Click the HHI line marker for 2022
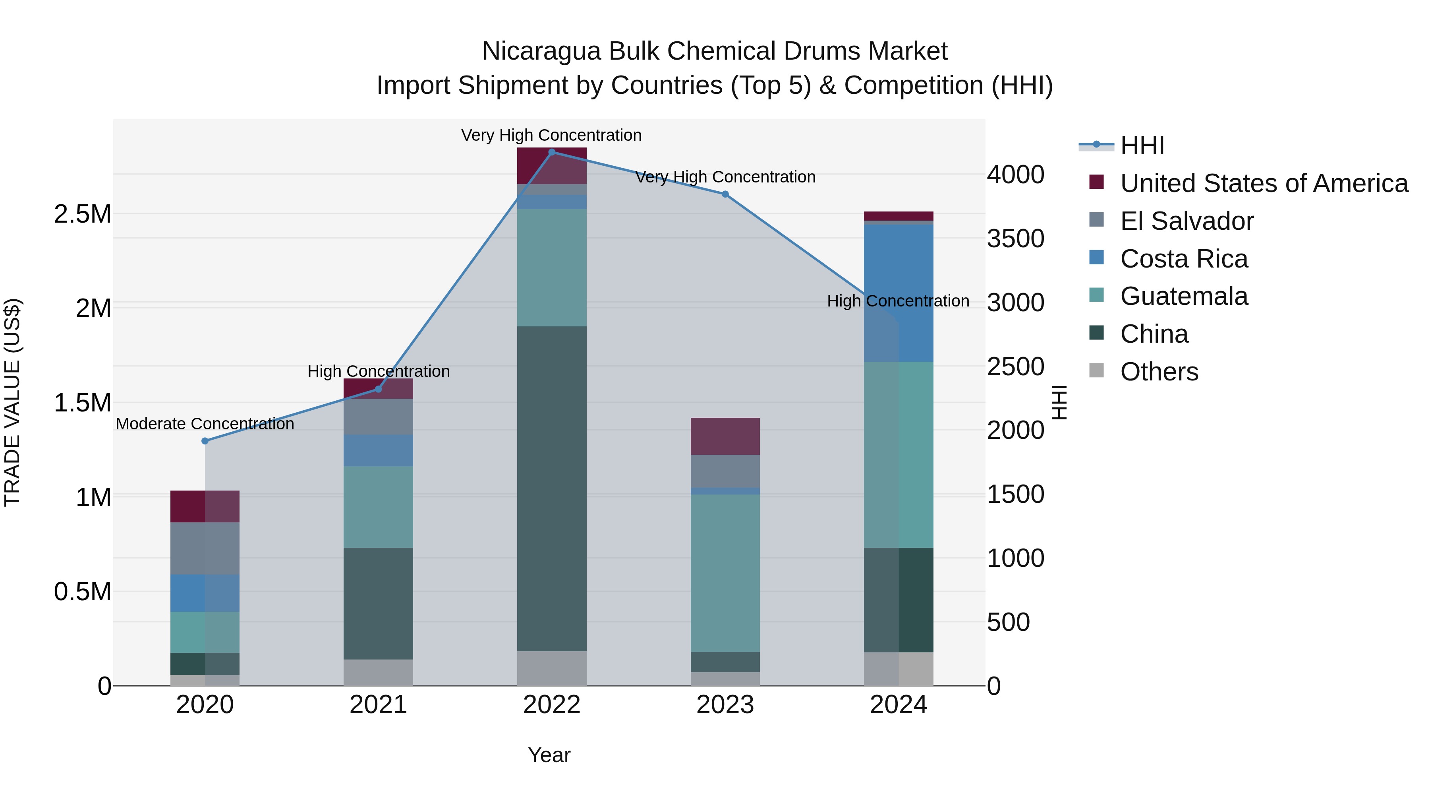point(552,152)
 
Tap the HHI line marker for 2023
point(725,194)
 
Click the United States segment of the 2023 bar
point(725,436)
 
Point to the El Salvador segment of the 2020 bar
point(205,548)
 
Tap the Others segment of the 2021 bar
point(378,672)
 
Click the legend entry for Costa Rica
point(1184,258)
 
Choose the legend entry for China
point(1154,334)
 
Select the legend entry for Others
point(1159,372)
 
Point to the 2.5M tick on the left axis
point(83,214)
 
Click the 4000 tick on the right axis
point(1015,175)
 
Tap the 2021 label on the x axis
point(378,705)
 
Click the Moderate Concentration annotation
point(205,423)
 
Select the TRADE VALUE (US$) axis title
point(12,402)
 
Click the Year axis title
point(549,755)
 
